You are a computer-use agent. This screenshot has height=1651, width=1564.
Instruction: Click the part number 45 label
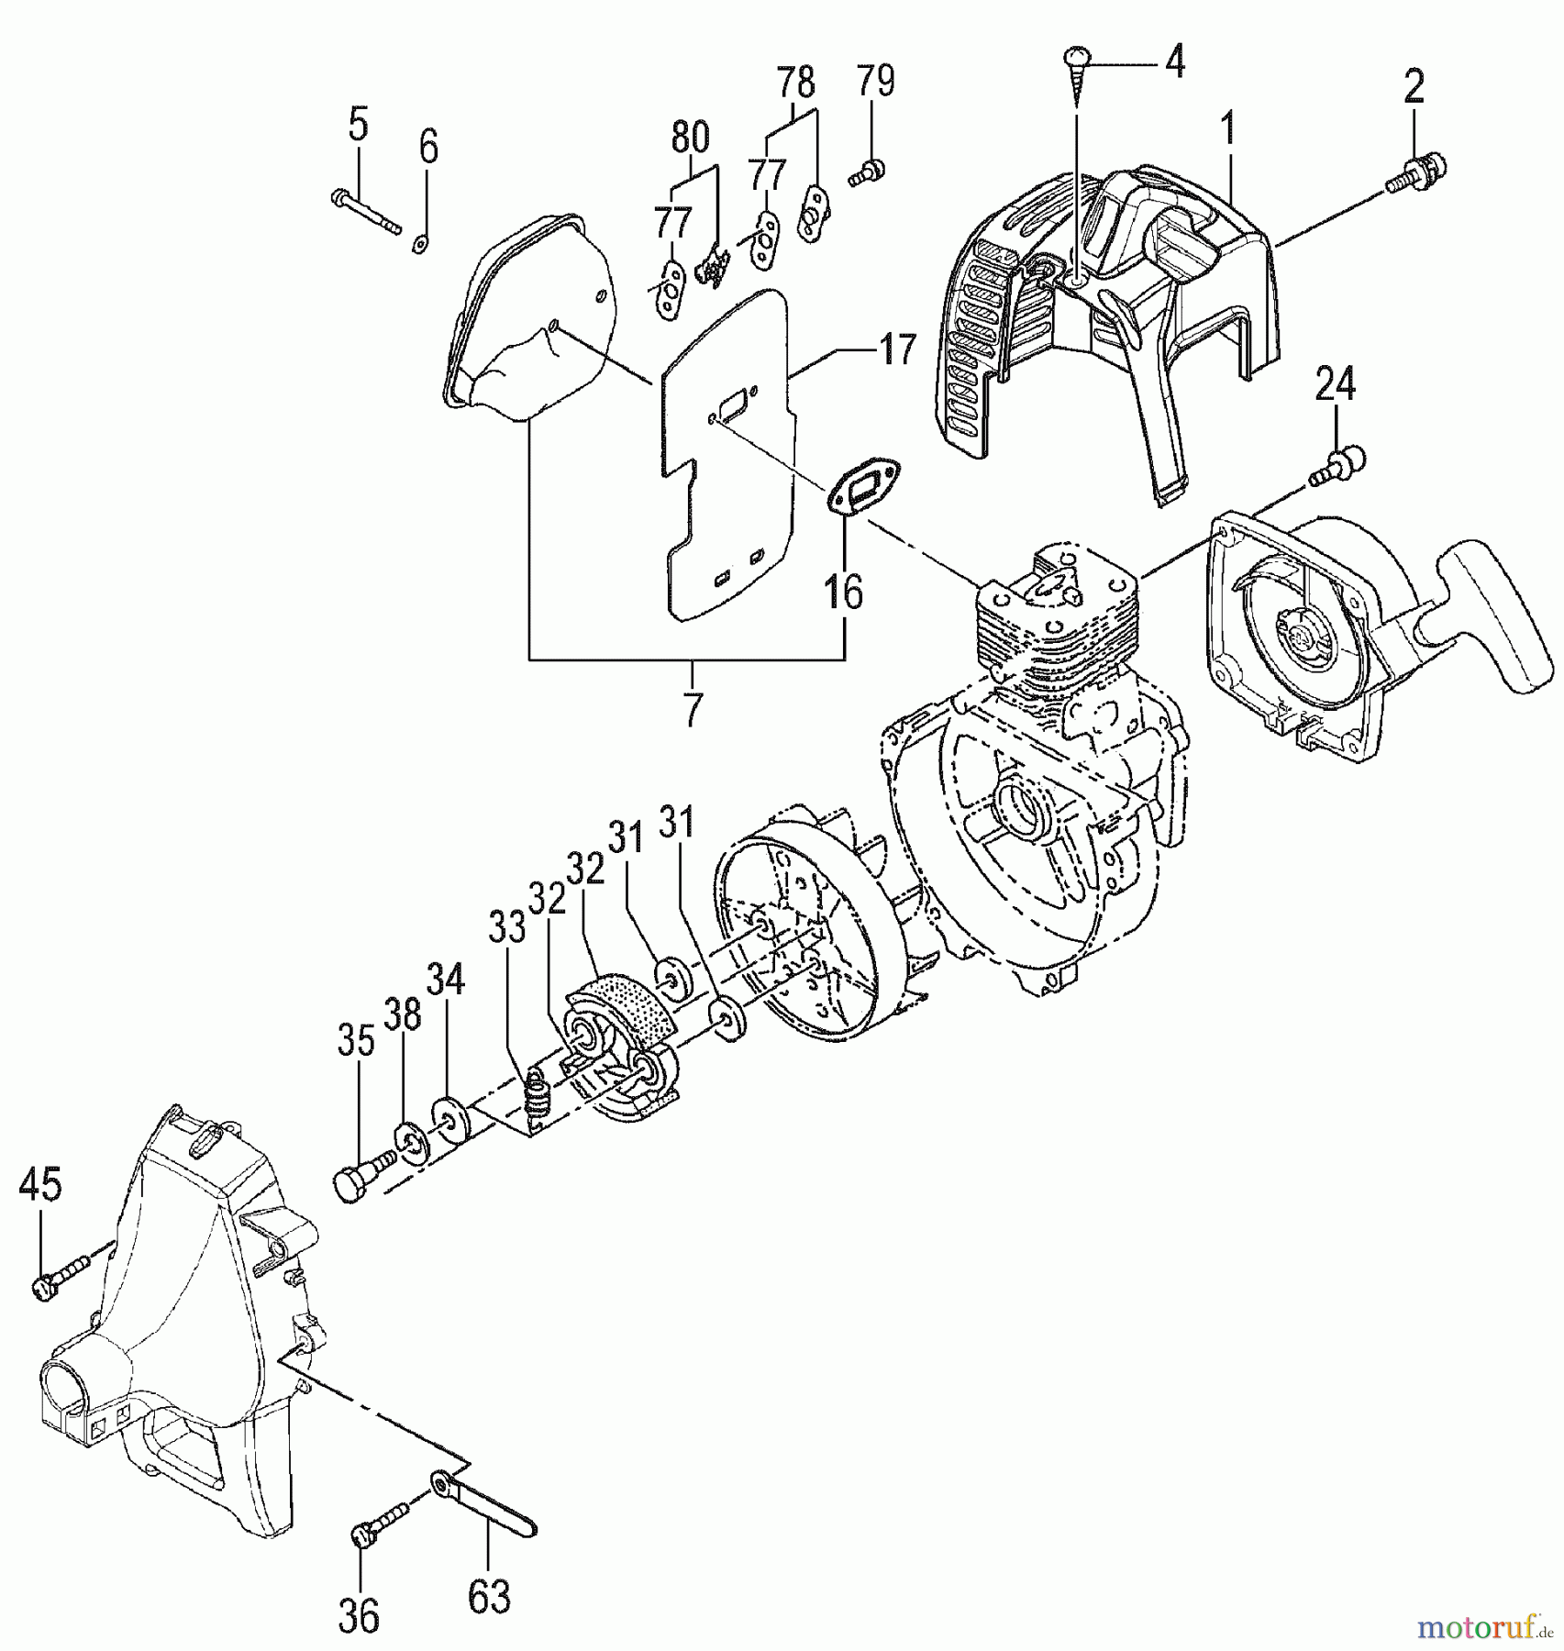(x=39, y=1185)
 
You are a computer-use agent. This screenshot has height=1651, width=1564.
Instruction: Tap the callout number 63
(x=489, y=1598)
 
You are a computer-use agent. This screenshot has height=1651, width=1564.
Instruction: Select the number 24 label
(x=1336, y=384)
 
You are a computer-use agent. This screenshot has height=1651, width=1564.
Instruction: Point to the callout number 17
(x=897, y=349)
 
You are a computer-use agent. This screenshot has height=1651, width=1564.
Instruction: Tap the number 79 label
(x=875, y=82)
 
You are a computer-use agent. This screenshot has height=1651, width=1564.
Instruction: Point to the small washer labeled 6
(x=421, y=242)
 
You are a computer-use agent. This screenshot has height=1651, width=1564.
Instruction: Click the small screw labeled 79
(x=866, y=172)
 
